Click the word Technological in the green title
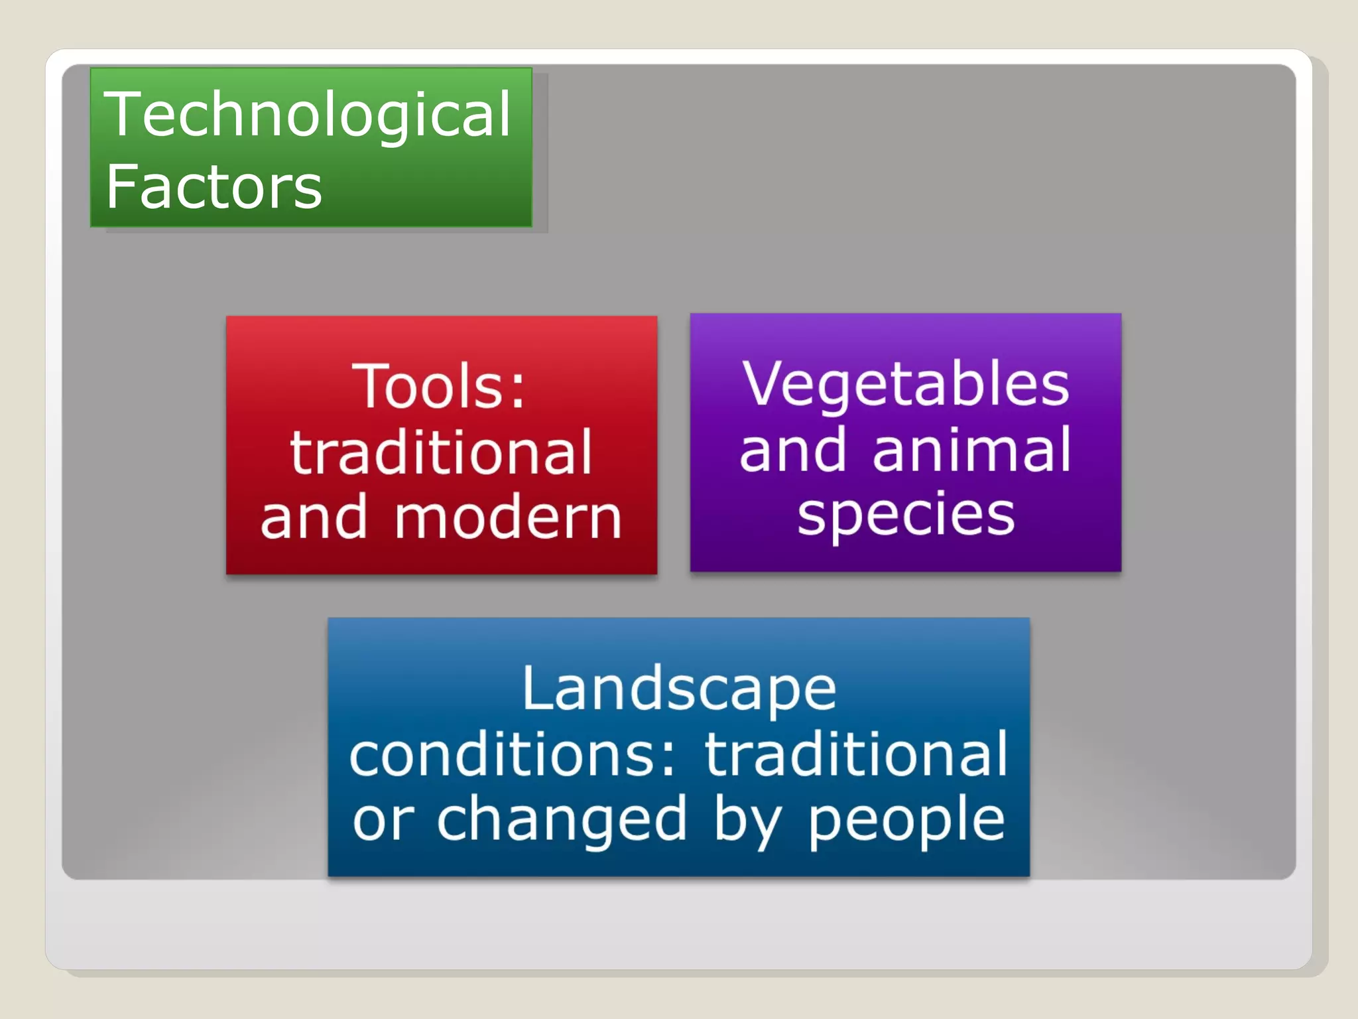tap(308, 115)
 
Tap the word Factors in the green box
tap(214, 187)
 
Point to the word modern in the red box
tap(508, 518)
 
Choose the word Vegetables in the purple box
tap(906, 384)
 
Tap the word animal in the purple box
tap(971, 450)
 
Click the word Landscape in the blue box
tap(679, 689)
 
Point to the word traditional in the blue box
tap(855, 754)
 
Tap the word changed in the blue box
tap(561, 820)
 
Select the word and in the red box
tap(314, 518)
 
